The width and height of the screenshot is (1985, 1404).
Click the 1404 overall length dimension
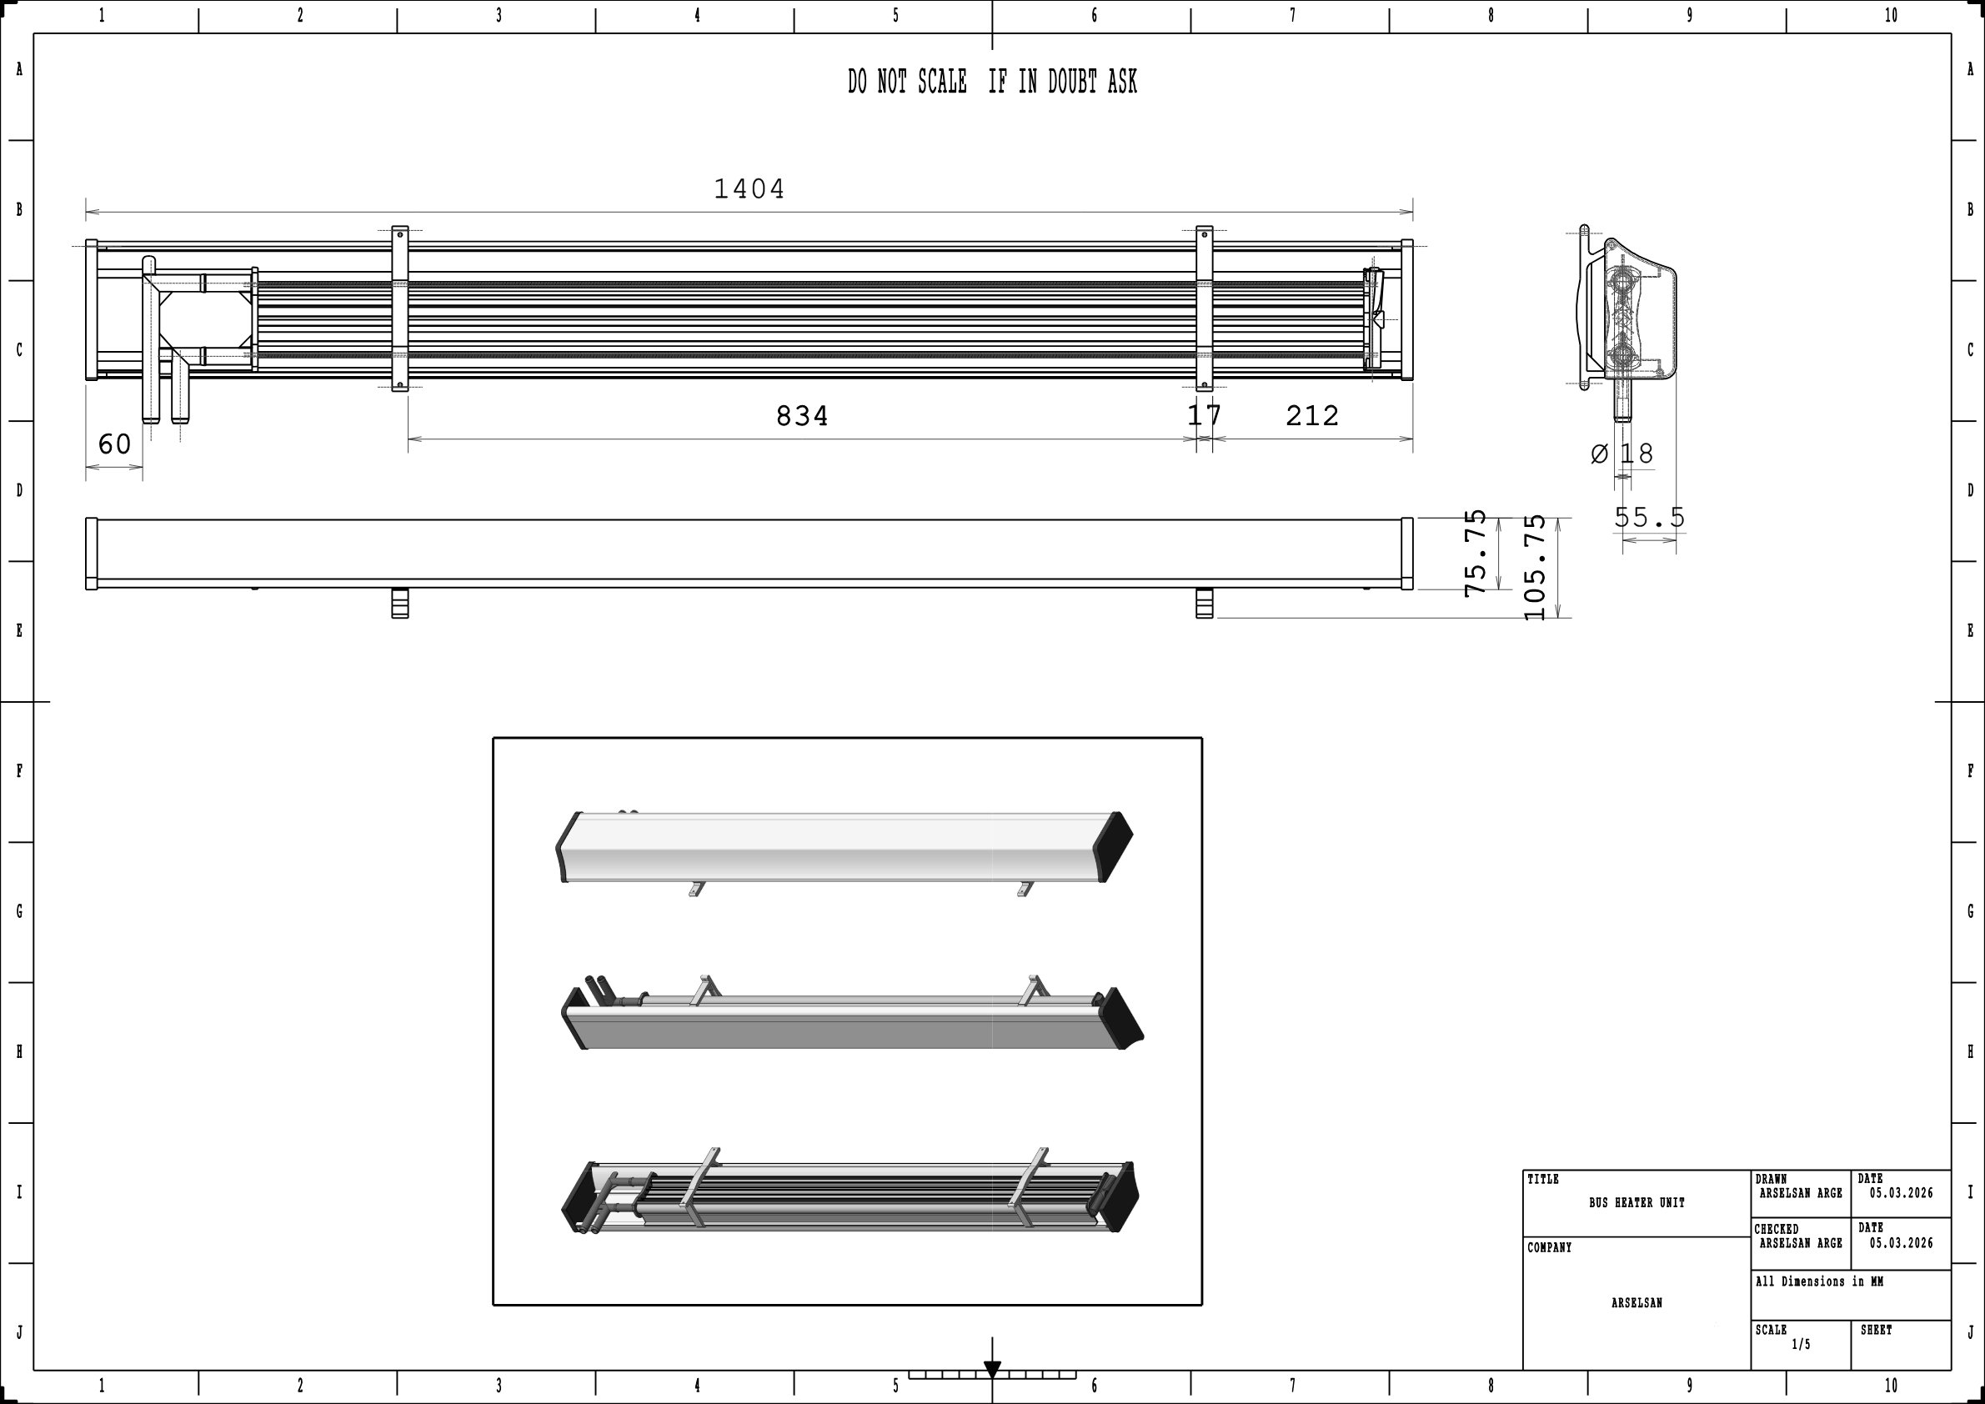click(749, 189)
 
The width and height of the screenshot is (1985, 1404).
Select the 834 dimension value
click(801, 417)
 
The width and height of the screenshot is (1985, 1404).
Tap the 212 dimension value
click(1311, 417)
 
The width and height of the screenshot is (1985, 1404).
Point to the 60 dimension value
click(114, 444)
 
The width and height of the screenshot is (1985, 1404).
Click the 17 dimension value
click(1204, 416)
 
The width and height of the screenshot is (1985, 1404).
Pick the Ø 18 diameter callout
click(1622, 454)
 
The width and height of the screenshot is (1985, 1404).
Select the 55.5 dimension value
click(1650, 518)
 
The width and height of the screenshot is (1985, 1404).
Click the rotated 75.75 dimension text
click(1476, 554)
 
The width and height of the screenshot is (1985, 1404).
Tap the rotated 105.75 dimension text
click(1536, 567)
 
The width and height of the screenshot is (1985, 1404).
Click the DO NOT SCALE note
click(991, 83)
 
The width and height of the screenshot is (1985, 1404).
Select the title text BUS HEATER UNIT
click(1637, 1203)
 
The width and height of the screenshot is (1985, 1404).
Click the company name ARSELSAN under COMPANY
click(1637, 1303)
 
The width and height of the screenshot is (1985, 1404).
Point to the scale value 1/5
click(1801, 1344)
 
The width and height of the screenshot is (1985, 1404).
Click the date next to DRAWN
click(1901, 1194)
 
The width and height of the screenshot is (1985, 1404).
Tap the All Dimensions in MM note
click(1819, 1282)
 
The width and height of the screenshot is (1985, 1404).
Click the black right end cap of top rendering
click(1115, 846)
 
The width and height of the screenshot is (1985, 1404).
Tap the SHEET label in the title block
click(1876, 1331)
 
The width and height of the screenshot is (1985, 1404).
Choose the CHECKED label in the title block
click(1777, 1230)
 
